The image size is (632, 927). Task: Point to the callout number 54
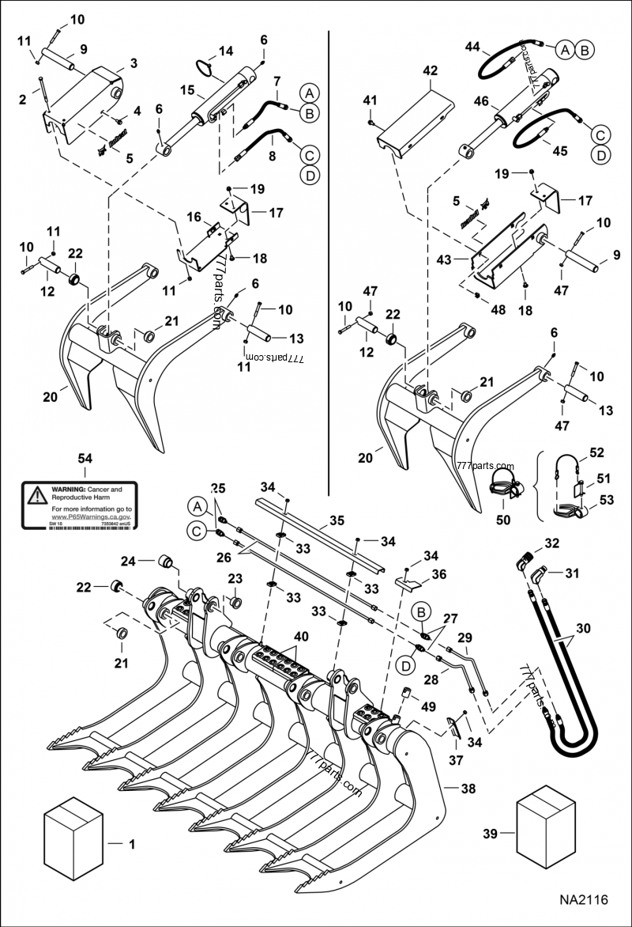(85, 459)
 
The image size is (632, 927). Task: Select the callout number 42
(430, 70)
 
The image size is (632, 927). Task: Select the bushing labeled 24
(167, 562)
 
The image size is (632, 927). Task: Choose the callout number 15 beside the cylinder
(187, 91)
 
